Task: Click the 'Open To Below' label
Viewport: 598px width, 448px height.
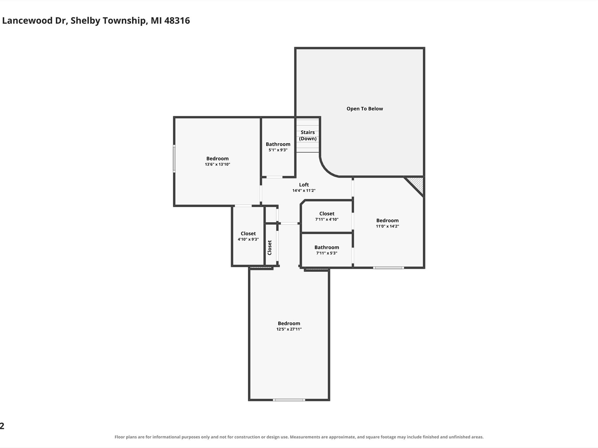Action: click(x=365, y=109)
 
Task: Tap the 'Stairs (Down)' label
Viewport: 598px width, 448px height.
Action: click(x=308, y=135)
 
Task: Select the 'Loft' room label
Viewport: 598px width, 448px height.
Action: click(x=304, y=185)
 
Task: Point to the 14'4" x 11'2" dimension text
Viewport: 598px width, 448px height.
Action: click(x=304, y=190)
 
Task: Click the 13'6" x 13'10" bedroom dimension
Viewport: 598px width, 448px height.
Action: click(x=218, y=164)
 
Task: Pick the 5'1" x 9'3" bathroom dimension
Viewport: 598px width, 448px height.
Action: click(x=278, y=150)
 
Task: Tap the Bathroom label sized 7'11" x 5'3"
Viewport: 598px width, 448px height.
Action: click(x=327, y=247)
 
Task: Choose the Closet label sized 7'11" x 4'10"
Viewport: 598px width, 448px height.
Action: click(x=327, y=213)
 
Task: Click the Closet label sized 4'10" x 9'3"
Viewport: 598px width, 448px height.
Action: click(x=248, y=233)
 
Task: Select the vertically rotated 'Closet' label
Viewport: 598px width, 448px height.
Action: click(x=270, y=247)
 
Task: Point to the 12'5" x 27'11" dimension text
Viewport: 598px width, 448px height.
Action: click(x=289, y=329)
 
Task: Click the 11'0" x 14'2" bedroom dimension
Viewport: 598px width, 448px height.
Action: click(x=387, y=226)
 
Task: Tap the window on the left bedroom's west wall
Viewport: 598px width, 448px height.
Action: click(x=174, y=159)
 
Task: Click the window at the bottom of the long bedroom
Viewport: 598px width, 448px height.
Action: click(x=289, y=400)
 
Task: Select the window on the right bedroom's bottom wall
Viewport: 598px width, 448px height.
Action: click(x=388, y=268)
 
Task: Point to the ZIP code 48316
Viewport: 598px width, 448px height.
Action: click(x=177, y=20)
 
